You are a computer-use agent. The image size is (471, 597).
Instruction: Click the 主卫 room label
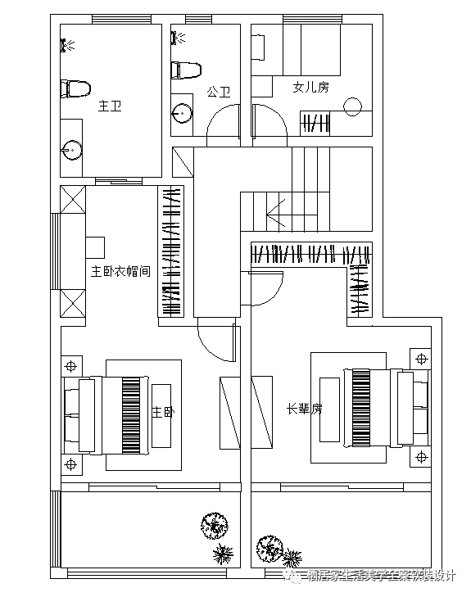coord(110,106)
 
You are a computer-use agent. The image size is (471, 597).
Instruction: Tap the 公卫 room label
coord(218,93)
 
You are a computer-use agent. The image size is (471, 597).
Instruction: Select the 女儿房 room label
coord(310,87)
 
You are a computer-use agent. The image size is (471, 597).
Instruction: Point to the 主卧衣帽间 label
coord(120,271)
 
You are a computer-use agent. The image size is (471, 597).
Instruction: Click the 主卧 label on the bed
coord(163,413)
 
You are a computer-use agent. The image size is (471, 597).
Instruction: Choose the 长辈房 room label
coord(304,408)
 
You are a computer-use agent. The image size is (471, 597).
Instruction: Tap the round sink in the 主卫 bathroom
coord(72,150)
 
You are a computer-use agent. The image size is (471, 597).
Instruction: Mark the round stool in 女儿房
coord(353,106)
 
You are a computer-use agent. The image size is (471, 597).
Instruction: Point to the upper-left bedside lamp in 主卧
coord(72,364)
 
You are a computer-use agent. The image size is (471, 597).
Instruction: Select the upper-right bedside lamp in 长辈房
coord(421,359)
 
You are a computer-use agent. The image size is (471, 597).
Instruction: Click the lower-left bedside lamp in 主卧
coord(72,464)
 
